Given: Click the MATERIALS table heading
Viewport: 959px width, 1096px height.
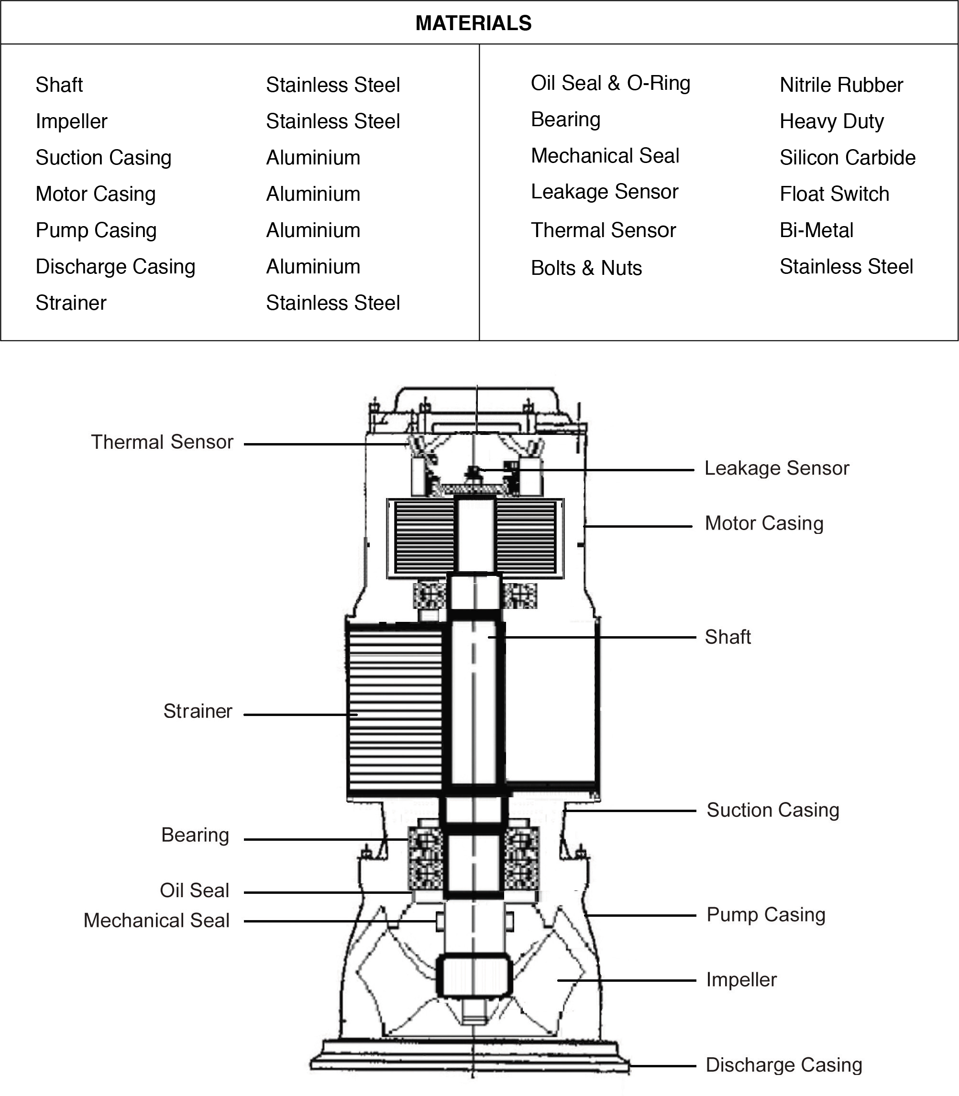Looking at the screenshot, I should click(x=474, y=23).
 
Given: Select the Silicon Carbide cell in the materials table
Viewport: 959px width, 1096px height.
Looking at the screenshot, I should click(x=847, y=158).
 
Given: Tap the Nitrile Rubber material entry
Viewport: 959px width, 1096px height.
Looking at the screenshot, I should click(x=841, y=85).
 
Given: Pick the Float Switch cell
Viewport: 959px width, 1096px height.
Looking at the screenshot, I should click(x=834, y=194).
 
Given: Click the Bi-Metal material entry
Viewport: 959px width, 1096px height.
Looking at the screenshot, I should click(x=816, y=230).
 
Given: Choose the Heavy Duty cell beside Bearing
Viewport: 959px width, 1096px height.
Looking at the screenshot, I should click(x=831, y=121).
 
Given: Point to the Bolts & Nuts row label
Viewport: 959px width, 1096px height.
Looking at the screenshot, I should click(x=586, y=268).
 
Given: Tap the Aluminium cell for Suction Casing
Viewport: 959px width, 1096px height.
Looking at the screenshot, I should click(x=313, y=158).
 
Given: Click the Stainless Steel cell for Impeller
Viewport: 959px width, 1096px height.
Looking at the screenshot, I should click(x=333, y=121).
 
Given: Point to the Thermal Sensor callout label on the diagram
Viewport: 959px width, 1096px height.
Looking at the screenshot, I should click(x=162, y=442).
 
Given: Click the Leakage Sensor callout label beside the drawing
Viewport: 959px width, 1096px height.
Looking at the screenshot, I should click(x=776, y=468).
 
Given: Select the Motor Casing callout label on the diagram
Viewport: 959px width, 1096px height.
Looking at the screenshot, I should click(x=764, y=523).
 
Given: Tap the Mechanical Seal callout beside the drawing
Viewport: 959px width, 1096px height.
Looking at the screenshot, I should click(x=156, y=921).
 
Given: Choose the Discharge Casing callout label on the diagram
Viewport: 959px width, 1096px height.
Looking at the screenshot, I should click(x=783, y=1065).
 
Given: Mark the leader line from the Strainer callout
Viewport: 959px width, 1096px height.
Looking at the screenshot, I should click(x=300, y=715).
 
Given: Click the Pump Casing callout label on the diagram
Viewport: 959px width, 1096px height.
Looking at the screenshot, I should click(x=765, y=915).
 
